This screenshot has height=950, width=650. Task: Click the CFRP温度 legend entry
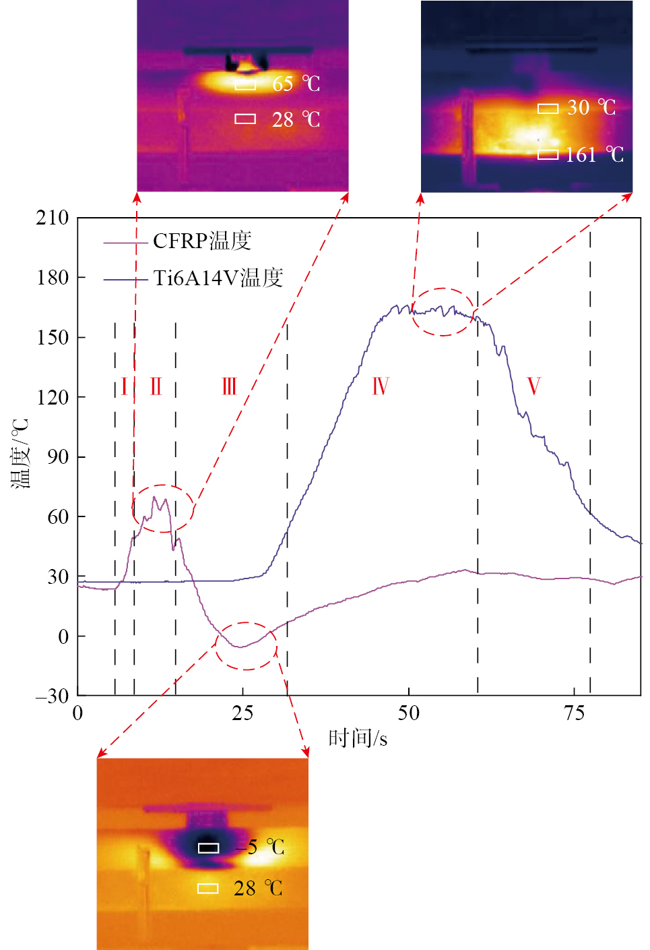coord(202,241)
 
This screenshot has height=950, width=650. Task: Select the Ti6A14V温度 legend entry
coord(218,278)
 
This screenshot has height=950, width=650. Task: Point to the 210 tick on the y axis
coord(53,218)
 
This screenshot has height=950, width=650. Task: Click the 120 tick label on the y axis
coord(53,397)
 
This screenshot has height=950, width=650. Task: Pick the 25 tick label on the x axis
coord(242,713)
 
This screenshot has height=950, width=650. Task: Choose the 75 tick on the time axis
coord(574,713)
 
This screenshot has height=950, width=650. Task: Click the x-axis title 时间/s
coord(358,738)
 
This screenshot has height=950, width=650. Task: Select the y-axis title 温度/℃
coord(20,453)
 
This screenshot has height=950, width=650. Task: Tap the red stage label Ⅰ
coord(124,387)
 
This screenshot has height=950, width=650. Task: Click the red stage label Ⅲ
coord(230,387)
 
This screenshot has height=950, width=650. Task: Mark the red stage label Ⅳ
coord(381,387)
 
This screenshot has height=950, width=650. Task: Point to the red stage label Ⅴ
coord(533,387)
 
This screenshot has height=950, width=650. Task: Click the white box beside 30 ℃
coord(548,109)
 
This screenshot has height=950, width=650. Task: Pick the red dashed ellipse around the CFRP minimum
coord(246,646)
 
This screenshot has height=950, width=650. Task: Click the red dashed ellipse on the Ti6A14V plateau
coord(443,311)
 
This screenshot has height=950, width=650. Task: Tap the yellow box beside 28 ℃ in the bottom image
coord(207,889)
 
